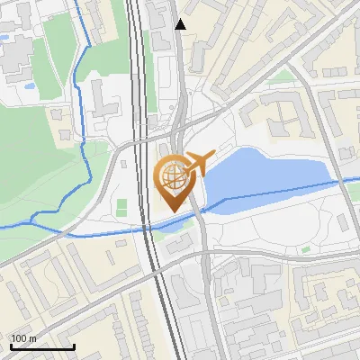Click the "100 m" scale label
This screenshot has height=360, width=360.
[23, 338]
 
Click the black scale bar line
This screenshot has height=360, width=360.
[42, 346]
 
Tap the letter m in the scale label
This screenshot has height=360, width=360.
[31, 338]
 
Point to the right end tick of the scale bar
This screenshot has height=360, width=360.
[74, 344]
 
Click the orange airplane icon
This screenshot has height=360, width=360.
[200, 163]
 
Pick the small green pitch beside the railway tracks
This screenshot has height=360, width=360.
[121, 210]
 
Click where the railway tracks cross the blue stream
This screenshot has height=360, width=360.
[148, 229]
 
